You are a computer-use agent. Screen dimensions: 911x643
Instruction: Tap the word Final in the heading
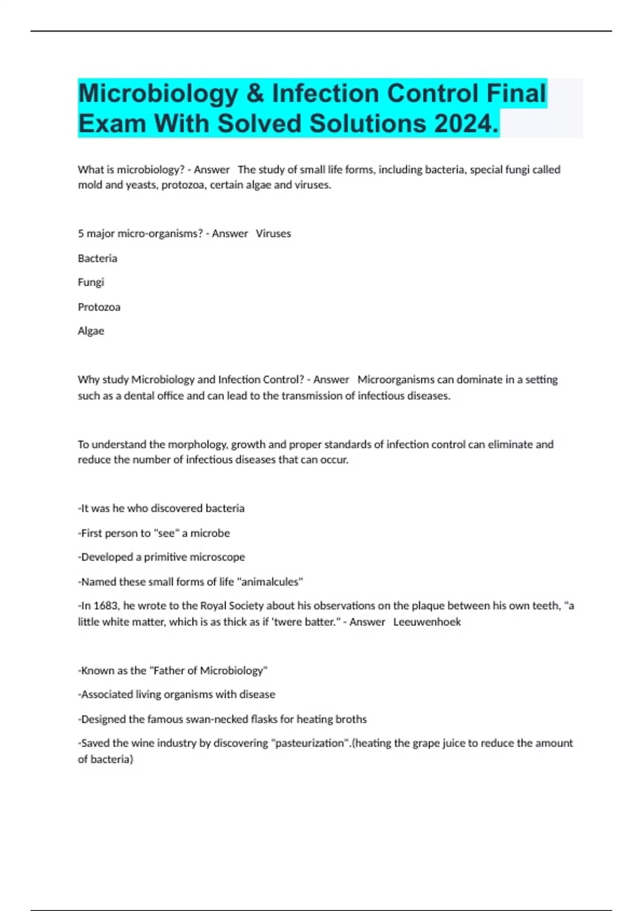coord(516,93)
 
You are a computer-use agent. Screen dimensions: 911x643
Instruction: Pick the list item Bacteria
coord(98,258)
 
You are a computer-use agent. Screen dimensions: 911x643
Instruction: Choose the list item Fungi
coord(91,282)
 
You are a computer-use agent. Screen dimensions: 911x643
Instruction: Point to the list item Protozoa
coord(99,307)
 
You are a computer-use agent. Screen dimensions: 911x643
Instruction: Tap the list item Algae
coord(91,331)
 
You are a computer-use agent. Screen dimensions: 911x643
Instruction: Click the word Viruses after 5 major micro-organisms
coord(273,234)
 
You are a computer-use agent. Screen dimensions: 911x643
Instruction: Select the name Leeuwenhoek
coord(427,622)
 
